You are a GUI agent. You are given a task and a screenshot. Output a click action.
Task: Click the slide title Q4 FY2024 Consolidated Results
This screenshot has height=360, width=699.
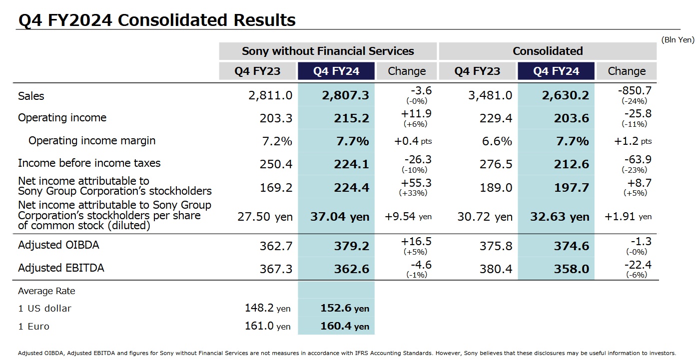[x=157, y=20]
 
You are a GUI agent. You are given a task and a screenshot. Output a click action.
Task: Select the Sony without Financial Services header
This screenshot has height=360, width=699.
[x=328, y=51]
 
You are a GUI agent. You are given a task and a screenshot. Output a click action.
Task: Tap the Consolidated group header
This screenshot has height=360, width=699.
[x=548, y=51]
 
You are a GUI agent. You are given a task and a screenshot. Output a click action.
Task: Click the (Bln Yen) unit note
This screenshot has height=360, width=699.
[x=678, y=40]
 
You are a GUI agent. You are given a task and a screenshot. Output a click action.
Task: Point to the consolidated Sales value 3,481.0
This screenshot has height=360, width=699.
[x=490, y=95]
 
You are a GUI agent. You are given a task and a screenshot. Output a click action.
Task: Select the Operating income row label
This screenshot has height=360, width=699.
[x=62, y=118]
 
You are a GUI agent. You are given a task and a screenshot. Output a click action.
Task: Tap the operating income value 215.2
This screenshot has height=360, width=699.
[x=352, y=118]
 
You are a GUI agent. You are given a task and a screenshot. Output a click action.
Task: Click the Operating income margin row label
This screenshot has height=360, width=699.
[x=91, y=141]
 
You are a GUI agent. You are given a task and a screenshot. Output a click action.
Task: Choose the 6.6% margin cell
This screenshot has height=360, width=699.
[x=497, y=141]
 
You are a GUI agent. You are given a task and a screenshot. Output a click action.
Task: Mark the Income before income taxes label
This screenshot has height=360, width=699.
[x=89, y=163]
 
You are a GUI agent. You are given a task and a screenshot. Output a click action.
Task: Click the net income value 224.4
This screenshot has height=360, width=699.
[x=352, y=188]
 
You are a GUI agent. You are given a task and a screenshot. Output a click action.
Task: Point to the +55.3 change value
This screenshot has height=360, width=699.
[x=416, y=183]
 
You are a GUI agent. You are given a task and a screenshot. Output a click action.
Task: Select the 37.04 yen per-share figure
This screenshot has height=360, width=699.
[x=340, y=217]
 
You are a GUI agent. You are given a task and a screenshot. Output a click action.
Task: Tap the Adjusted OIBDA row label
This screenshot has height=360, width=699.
[x=58, y=245]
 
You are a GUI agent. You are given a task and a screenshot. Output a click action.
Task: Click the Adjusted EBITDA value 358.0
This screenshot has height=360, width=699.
[x=572, y=269]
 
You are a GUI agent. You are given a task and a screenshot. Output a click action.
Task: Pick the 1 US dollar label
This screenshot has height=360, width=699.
[x=44, y=309]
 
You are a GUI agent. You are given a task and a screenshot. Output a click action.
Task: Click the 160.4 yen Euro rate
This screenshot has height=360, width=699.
[x=344, y=327]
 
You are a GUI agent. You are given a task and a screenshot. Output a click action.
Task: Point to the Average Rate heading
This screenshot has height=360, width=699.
[x=46, y=291]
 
